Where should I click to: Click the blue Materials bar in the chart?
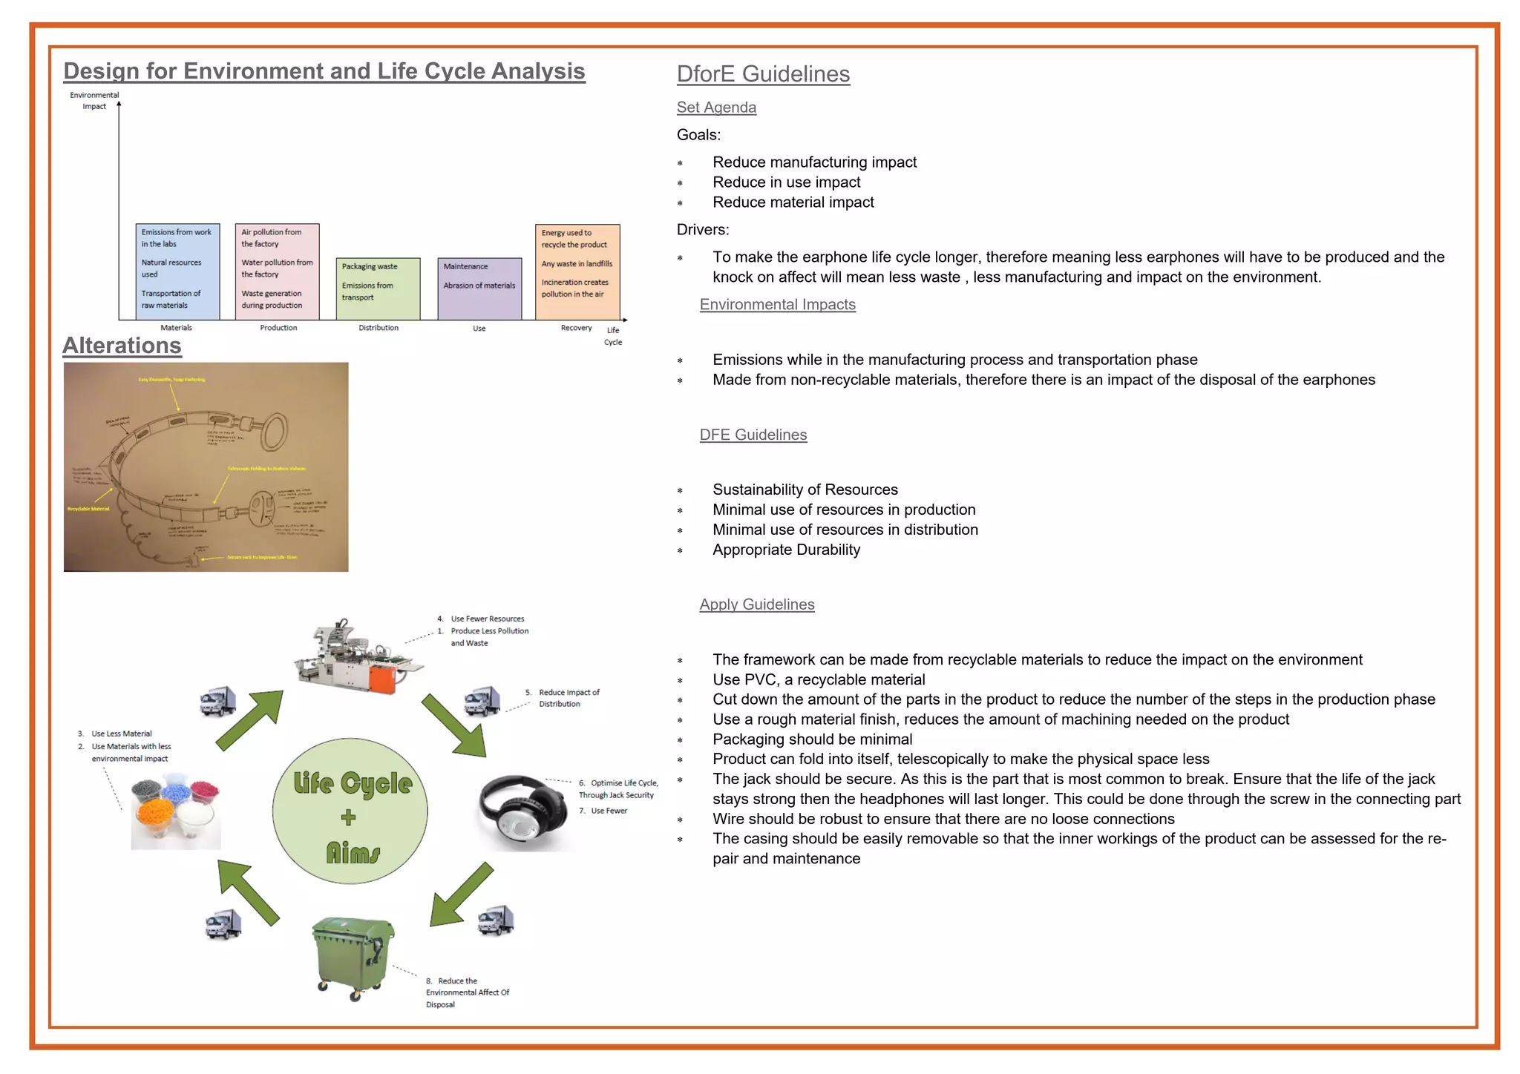(x=177, y=271)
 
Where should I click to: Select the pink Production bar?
(x=277, y=271)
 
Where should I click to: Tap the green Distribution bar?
(x=378, y=289)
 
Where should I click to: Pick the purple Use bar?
(x=479, y=289)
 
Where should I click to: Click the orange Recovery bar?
(x=577, y=271)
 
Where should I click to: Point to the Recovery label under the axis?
(x=576, y=328)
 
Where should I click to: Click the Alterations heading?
(x=122, y=346)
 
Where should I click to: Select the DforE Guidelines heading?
(x=763, y=74)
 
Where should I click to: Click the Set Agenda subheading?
(x=716, y=108)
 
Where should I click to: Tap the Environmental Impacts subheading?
(x=777, y=305)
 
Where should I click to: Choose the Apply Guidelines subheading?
(x=756, y=604)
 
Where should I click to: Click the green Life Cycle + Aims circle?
(x=350, y=811)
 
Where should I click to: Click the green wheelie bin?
(x=353, y=957)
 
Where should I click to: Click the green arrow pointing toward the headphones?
(x=454, y=725)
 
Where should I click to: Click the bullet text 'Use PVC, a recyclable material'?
(x=819, y=679)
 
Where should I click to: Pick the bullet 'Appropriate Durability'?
(x=786, y=550)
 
